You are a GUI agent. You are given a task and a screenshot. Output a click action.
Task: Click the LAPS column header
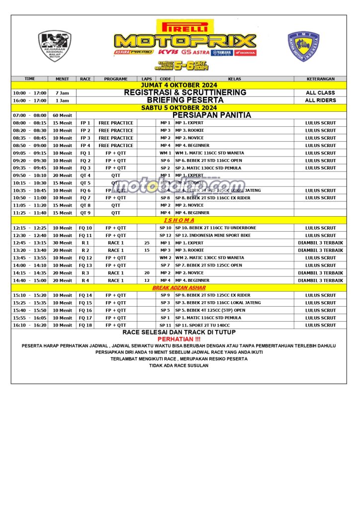(x=147, y=79)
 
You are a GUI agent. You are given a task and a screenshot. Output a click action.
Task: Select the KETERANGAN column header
(x=320, y=79)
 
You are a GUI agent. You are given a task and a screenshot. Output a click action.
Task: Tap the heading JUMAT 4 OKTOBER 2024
(x=179, y=85)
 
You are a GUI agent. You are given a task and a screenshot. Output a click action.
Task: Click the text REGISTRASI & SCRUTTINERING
(x=185, y=92)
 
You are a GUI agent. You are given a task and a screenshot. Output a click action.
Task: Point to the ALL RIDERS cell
(x=320, y=100)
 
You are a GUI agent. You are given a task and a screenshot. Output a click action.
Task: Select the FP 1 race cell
(x=86, y=123)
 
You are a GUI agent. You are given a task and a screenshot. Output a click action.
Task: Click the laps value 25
(x=147, y=243)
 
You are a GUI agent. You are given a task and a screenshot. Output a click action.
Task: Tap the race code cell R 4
(x=86, y=280)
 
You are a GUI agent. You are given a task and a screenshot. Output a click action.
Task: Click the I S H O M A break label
(x=179, y=220)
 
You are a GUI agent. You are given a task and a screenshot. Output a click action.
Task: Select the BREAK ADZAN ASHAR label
(x=179, y=288)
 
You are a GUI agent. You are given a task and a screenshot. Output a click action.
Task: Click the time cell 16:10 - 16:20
(x=30, y=326)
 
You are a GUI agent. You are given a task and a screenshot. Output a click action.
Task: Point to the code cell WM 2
(x=165, y=258)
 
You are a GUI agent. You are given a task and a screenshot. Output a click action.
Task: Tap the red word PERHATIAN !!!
(x=179, y=339)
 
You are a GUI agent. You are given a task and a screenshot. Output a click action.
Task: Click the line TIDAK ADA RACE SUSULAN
(x=179, y=365)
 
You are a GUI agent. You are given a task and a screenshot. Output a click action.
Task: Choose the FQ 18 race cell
(x=86, y=326)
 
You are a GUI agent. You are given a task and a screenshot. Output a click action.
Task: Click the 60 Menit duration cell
(x=62, y=115)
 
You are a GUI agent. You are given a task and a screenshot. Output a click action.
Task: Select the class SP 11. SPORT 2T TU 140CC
(x=203, y=326)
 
